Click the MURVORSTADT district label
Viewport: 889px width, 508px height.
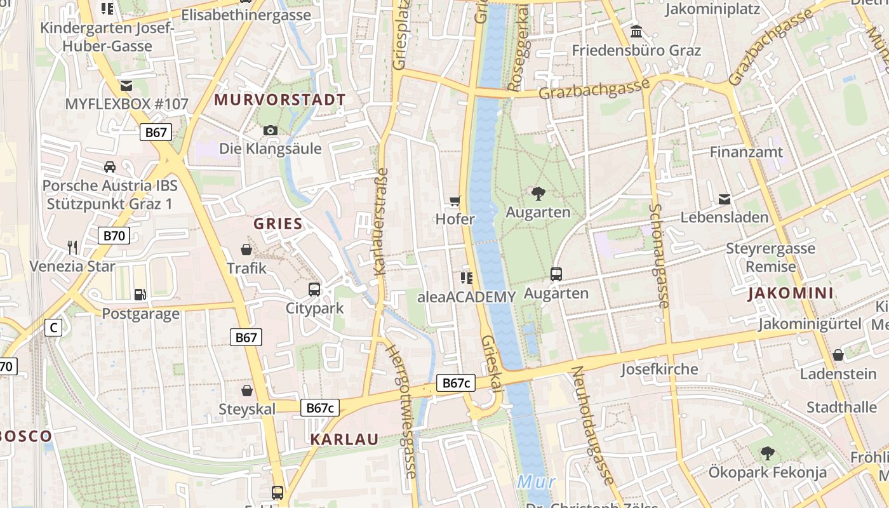click(280, 100)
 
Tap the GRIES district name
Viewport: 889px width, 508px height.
click(278, 224)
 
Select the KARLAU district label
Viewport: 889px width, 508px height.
click(344, 439)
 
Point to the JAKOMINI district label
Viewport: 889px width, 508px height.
click(791, 293)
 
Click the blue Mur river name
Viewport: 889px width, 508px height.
click(537, 482)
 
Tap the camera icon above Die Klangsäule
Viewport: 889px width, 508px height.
click(271, 130)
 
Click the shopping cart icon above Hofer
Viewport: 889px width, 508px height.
click(455, 202)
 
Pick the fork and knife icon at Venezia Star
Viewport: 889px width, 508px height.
click(72, 247)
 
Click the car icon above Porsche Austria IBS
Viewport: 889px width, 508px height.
click(110, 167)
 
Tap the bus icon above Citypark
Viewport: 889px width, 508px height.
click(314, 290)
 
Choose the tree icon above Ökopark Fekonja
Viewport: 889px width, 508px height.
click(768, 453)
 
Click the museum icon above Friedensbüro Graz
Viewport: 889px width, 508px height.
click(636, 31)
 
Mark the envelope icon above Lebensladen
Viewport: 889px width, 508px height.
click(725, 199)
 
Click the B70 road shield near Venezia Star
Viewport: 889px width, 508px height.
click(114, 236)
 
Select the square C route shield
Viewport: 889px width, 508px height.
click(54, 328)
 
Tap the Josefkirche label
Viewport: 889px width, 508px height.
click(659, 369)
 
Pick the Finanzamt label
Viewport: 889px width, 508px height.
click(746, 152)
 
